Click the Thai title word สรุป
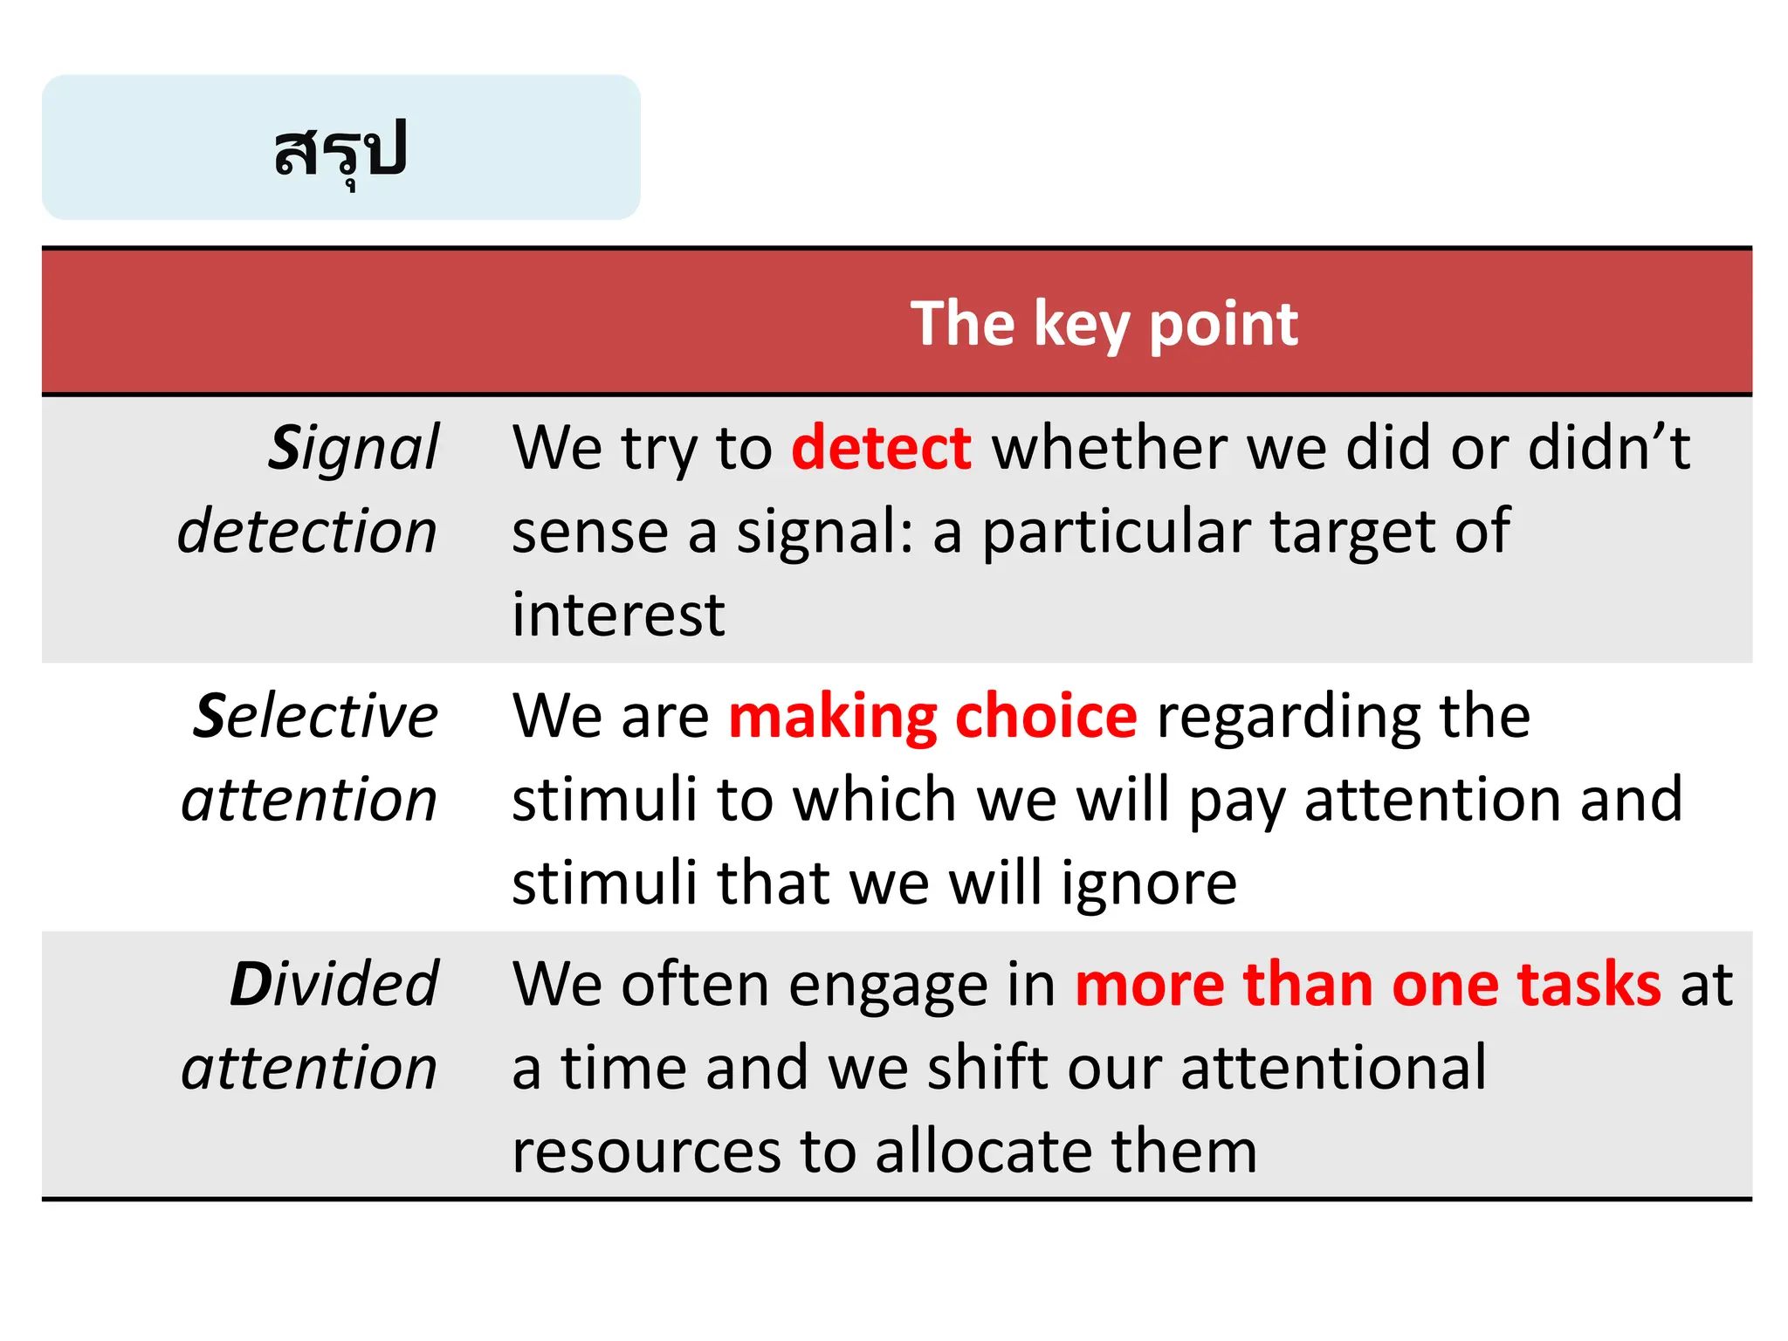340,150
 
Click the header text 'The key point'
1104,324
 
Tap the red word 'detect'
881,448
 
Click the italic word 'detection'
307,531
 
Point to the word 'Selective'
315,716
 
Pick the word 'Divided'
334,984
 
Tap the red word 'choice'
1046,716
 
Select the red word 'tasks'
1589,984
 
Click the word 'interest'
618,614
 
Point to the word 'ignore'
1149,884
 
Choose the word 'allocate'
980,1151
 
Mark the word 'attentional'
1333,1067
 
